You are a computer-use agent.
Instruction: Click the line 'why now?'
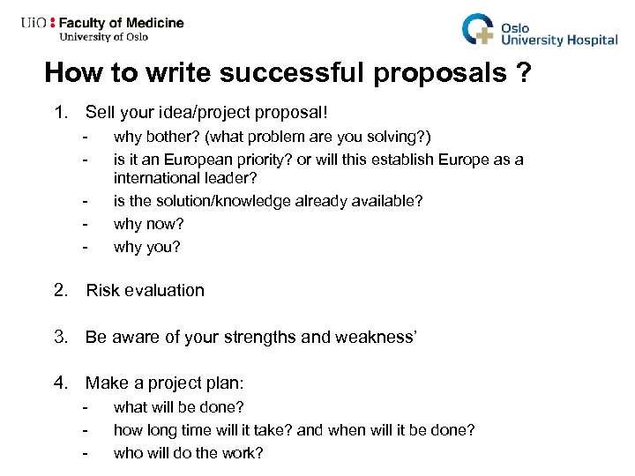(146, 224)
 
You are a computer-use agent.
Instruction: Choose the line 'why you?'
(146, 247)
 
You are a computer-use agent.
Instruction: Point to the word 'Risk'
(102, 290)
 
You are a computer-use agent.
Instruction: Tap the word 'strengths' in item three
(282, 336)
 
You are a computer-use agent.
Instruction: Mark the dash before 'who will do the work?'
(86, 454)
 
